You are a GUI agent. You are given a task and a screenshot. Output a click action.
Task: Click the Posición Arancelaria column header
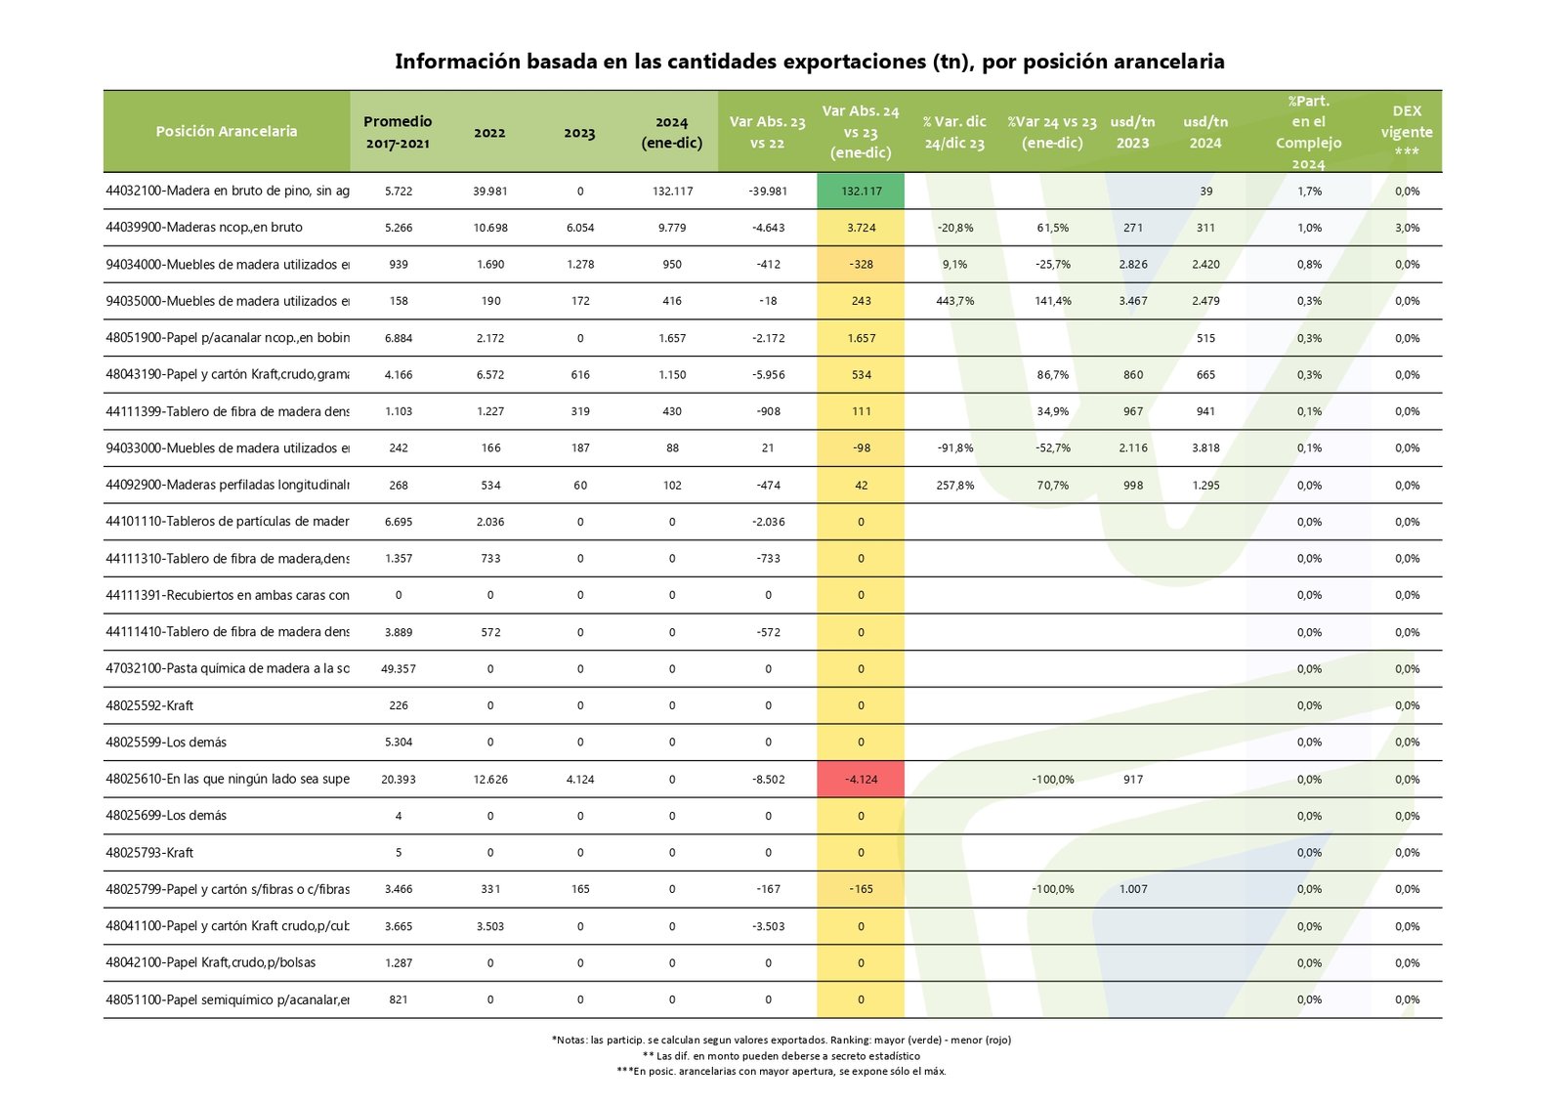[227, 131]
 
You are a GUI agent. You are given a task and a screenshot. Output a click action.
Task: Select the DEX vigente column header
[1406, 131]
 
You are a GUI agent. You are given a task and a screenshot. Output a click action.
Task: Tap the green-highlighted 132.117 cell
[861, 191]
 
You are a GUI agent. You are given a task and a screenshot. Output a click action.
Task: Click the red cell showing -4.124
[861, 780]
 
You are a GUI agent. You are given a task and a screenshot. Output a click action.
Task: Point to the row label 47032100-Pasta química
[228, 668]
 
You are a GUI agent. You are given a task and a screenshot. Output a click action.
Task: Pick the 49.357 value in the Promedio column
[399, 669]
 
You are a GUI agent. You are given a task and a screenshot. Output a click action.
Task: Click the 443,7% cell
[954, 301]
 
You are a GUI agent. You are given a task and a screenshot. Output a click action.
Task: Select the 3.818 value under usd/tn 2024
[1205, 448]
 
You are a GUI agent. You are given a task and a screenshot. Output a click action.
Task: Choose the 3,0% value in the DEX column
[1407, 228]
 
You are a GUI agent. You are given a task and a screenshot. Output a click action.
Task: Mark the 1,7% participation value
[1309, 191]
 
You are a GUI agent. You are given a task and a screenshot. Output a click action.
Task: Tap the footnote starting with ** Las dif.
[781, 1055]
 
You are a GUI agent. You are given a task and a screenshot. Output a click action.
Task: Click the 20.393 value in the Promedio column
[399, 780]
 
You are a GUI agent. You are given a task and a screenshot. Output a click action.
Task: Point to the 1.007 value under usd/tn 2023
[1133, 889]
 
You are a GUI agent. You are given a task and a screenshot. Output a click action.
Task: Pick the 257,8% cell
[954, 486]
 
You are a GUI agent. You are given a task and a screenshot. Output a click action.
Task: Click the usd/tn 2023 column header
[1132, 132]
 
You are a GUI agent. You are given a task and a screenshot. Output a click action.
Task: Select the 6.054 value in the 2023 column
[580, 228]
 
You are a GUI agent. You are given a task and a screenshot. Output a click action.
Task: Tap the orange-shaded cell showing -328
[861, 265]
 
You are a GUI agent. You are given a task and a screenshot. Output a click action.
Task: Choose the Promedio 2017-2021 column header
[398, 132]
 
